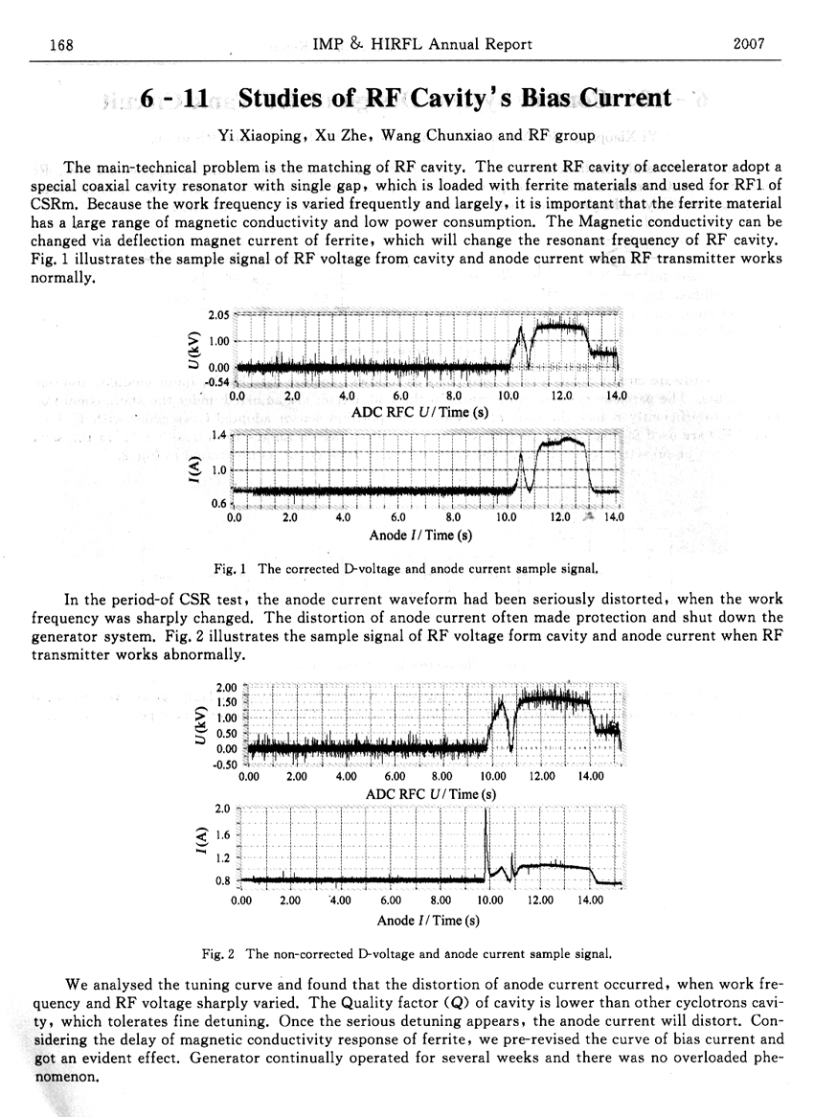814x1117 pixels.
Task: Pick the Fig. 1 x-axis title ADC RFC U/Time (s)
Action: click(x=419, y=413)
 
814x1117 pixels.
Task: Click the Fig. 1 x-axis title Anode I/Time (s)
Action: click(x=418, y=535)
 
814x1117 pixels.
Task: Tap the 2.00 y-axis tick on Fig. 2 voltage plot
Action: click(x=227, y=687)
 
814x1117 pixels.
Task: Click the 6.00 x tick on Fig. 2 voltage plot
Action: click(x=395, y=776)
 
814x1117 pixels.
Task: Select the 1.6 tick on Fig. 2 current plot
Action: click(x=226, y=835)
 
